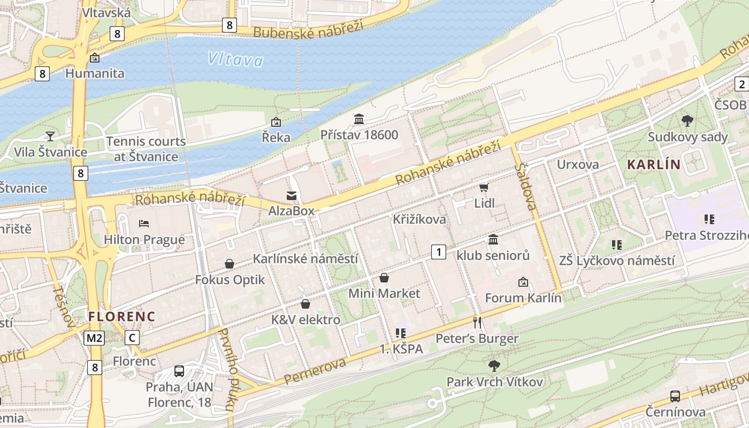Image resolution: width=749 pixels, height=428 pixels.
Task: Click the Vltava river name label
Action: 235,59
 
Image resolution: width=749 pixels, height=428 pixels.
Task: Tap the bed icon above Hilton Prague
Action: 143,223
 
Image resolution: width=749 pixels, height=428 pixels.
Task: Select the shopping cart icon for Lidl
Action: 484,187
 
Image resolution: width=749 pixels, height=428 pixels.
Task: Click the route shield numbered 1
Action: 439,251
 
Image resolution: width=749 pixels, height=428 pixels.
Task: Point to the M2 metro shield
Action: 94,338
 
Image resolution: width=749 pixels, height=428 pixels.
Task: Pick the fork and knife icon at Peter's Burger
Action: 477,322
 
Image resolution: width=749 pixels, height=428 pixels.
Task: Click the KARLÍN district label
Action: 653,165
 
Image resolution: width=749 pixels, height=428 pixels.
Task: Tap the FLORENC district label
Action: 121,316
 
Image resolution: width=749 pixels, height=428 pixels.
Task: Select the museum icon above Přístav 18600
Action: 359,118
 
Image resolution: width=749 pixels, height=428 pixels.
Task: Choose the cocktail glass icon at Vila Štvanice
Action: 50,136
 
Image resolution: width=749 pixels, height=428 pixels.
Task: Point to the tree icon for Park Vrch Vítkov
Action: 494,366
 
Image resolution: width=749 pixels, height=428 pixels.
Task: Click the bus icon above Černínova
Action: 675,396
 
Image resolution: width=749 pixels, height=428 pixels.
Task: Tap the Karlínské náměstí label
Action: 305,259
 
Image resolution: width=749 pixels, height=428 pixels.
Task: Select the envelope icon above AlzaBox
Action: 292,195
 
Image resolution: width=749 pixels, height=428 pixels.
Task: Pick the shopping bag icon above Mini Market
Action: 384,278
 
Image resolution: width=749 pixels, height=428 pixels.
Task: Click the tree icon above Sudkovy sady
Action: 687,121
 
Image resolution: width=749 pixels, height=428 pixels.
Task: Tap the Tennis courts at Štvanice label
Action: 146,149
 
